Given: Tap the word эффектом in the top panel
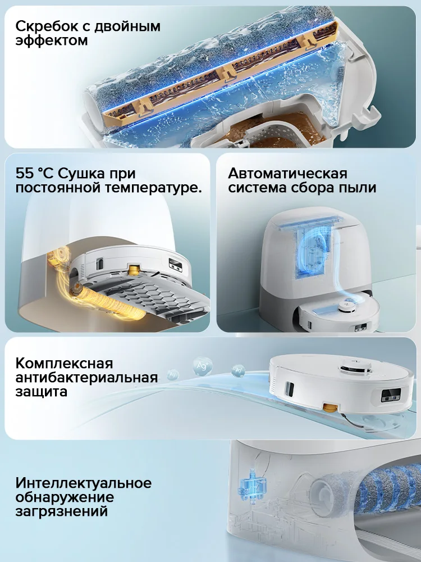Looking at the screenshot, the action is point(52,41).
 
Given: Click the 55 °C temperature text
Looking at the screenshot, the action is point(35,174).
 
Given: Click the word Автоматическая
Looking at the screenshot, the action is point(287,173).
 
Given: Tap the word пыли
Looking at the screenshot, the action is point(359,188).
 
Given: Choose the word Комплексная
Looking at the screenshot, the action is point(65,362).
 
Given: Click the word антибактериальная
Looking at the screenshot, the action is point(87,377).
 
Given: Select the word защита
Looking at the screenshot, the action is point(42,391).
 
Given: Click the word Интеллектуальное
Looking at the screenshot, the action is point(84,483).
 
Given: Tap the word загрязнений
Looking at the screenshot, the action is point(62,512).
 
